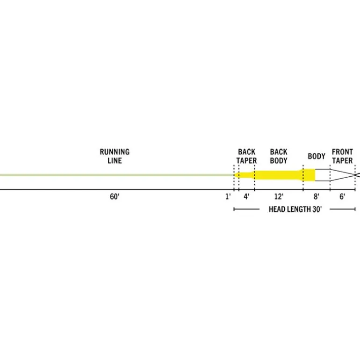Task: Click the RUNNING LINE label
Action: [115, 156]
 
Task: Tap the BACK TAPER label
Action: [246, 156]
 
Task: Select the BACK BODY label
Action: [279, 156]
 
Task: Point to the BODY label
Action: [317, 156]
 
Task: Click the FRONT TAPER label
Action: [342, 156]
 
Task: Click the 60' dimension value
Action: [115, 196]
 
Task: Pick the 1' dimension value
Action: [228, 196]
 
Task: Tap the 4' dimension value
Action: [246, 196]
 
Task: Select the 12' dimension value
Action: [279, 196]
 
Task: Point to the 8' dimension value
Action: [317, 196]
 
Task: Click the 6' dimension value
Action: [342, 196]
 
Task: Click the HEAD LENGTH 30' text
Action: [295, 209]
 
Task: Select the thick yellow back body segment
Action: [279, 175]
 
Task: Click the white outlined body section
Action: [322, 175]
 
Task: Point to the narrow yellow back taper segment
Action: [246, 175]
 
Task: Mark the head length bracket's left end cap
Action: [234, 209]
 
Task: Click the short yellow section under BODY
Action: [309, 175]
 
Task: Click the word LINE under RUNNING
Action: [115, 160]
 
